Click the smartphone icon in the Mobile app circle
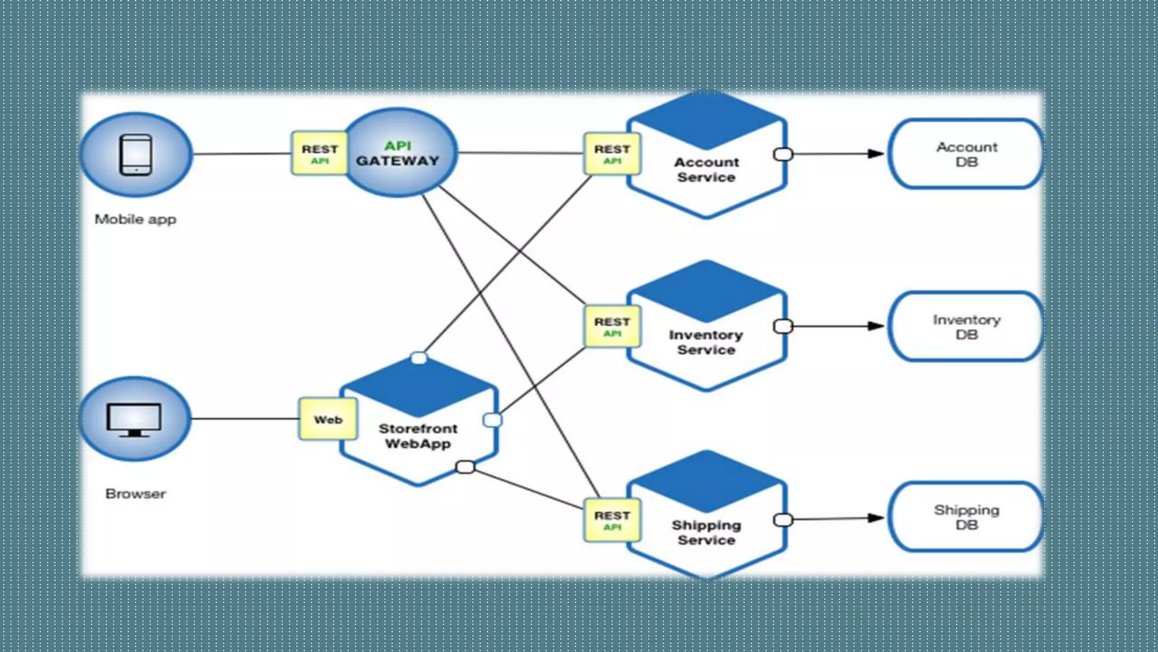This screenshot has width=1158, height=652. tap(136, 155)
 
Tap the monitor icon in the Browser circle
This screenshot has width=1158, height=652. tap(134, 419)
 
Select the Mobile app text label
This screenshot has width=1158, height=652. tap(135, 219)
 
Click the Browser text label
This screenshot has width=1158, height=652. tap(135, 494)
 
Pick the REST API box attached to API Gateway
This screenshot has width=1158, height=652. tap(319, 153)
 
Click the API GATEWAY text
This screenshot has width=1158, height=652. tap(397, 153)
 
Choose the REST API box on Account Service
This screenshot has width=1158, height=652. tap(612, 153)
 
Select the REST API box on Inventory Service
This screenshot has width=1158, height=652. tap(612, 327)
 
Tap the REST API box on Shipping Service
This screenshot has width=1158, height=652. tap(612, 520)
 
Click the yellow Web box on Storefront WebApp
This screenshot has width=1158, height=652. tap(328, 419)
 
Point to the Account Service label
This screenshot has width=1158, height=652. tap(706, 169)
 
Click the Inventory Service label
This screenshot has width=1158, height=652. tap(706, 342)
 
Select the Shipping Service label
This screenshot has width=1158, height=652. tap(706, 533)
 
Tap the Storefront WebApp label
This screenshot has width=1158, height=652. tap(418, 436)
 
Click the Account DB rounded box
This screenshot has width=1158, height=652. tap(966, 154)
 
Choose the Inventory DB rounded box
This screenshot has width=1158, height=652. tap(966, 327)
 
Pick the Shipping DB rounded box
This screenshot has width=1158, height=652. tap(966, 517)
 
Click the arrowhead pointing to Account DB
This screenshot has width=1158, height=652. tap(875, 153)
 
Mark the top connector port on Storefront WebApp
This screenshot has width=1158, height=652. tap(419, 358)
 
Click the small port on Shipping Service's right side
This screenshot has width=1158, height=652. tap(783, 520)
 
